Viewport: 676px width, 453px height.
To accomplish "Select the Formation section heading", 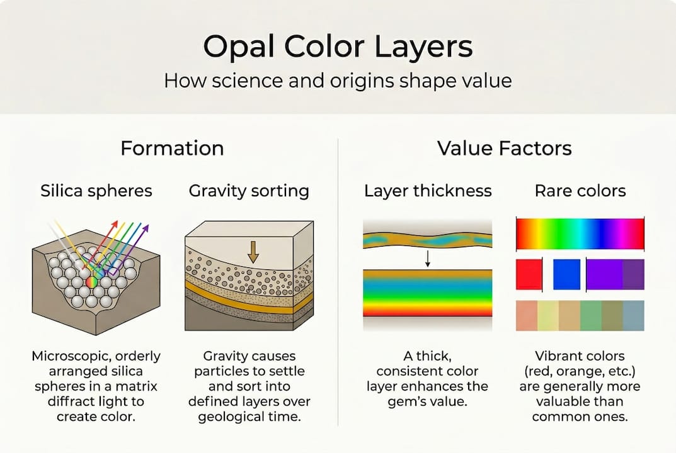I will coord(172,148).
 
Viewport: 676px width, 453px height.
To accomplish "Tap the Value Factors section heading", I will coord(504,148).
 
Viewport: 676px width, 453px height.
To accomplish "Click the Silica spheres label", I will coord(96,191).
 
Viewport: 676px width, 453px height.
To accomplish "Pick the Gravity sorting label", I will coord(249,191).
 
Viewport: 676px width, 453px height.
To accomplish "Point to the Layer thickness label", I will coord(428,191).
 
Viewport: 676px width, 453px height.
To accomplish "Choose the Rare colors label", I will coord(580,191).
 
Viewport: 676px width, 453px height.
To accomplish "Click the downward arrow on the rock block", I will coord(253,251).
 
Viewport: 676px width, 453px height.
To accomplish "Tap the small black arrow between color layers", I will coord(428,257).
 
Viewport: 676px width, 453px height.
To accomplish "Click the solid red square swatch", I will coord(529,274).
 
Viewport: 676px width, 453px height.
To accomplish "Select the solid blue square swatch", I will coord(566,274).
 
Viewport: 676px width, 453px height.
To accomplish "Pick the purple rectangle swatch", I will coord(615,274).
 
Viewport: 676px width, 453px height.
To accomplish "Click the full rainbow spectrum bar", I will coord(580,234).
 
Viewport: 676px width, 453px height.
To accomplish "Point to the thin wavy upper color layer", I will coord(428,240).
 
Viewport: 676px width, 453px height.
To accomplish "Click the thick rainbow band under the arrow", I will coord(428,293).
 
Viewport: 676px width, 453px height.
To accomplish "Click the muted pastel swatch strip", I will coord(580,315).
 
